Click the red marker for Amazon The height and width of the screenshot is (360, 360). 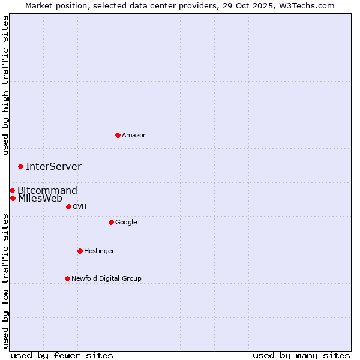pyautogui.click(x=118, y=135)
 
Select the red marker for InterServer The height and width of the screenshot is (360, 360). pyautogui.click(x=20, y=166)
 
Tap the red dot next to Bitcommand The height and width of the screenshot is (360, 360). pyautogui.click(x=12, y=190)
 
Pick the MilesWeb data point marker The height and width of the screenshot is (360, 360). pyautogui.click(x=13, y=198)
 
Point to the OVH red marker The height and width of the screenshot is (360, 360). pyautogui.click(x=68, y=206)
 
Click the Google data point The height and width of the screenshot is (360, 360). pyautogui.click(x=111, y=222)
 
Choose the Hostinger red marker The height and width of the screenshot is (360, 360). pyautogui.click(x=80, y=251)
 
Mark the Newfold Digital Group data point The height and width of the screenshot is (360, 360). pyautogui.click(x=67, y=278)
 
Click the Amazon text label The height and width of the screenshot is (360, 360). pyautogui.click(x=134, y=136)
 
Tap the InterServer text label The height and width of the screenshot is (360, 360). pyautogui.click(x=53, y=167)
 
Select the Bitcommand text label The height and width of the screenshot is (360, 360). pyautogui.click(x=47, y=191)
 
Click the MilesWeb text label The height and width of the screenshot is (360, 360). pyautogui.click(x=40, y=199)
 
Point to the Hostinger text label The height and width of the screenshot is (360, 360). pyautogui.click(x=99, y=251)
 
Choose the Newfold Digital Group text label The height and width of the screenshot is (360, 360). pyautogui.click(x=106, y=279)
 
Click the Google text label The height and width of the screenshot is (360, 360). pyautogui.click(x=126, y=223)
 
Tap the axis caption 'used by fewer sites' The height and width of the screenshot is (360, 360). pyautogui.click(x=62, y=355)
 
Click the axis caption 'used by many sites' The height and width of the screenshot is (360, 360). pyautogui.click(x=301, y=355)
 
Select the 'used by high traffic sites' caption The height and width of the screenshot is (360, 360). pyautogui.click(x=6, y=85)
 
